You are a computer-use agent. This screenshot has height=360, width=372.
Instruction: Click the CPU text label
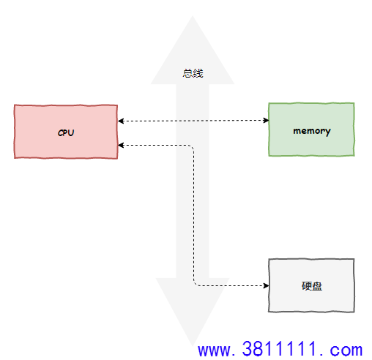(66, 132)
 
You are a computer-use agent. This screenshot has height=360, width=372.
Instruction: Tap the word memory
(312, 131)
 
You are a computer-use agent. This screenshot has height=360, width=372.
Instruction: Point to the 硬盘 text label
(312, 286)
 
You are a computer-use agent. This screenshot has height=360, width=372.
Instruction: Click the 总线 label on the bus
(193, 73)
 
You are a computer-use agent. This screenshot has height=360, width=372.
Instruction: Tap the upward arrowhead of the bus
(193, 50)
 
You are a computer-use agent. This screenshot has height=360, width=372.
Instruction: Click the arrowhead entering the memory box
(266, 120)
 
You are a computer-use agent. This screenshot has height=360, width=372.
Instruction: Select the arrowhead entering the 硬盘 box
(266, 285)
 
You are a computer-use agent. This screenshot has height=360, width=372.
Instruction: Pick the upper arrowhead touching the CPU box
(121, 121)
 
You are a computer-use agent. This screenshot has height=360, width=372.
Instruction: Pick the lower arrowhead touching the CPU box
(121, 146)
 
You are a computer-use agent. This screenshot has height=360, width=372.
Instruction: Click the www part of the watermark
(214, 350)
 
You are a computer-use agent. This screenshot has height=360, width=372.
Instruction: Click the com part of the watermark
(346, 350)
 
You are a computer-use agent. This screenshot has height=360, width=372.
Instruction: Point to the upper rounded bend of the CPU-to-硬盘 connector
(192, 147)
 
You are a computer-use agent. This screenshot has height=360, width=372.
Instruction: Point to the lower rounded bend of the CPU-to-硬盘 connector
(196, 284)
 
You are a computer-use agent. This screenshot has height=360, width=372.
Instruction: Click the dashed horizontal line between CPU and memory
(193, 121)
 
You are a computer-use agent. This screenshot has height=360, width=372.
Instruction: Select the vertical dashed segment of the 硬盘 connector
(194, 215)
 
